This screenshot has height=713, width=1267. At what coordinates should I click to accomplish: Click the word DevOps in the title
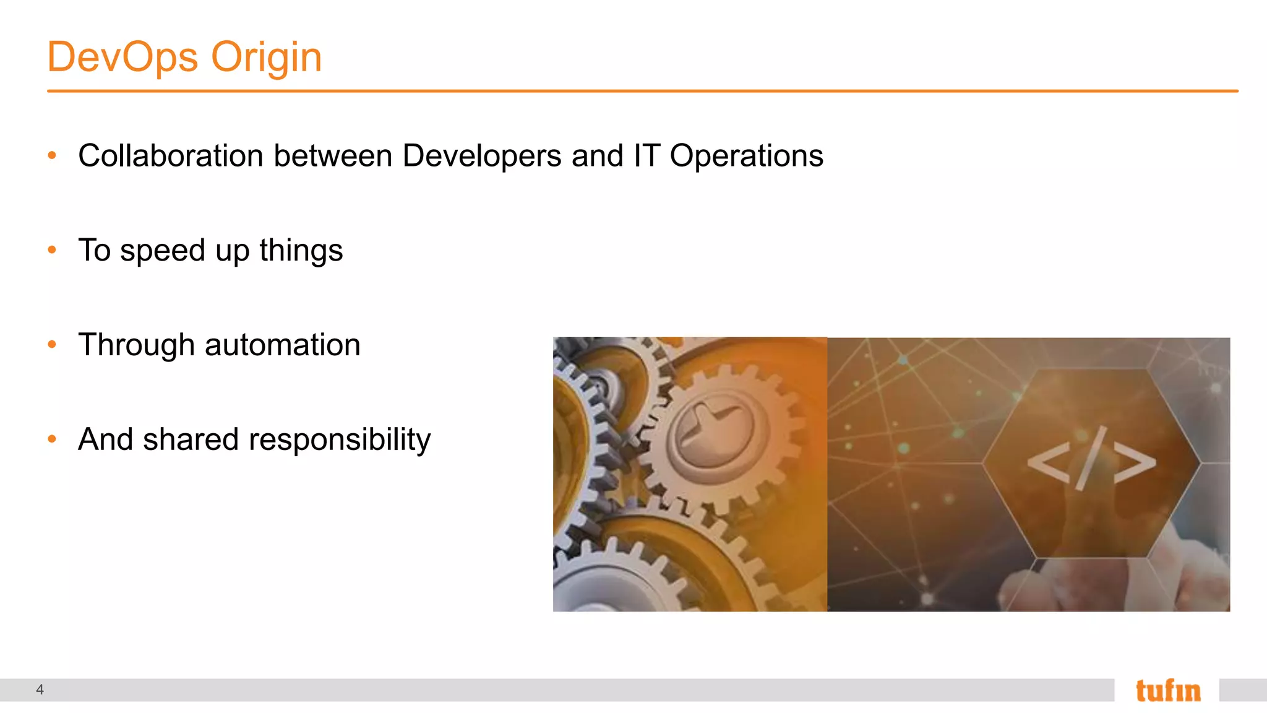122,57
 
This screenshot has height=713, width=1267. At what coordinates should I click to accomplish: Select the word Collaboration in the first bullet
171,155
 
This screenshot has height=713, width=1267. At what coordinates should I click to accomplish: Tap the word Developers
482,156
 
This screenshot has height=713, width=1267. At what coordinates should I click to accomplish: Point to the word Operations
746,156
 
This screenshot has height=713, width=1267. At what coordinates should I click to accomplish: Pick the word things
301,251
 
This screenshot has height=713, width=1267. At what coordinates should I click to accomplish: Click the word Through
136,345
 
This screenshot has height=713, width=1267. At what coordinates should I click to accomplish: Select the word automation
282,345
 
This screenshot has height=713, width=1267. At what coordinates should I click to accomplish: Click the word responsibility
340,441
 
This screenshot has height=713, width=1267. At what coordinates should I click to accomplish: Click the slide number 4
40,689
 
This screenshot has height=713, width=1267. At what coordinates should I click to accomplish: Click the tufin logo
1167,691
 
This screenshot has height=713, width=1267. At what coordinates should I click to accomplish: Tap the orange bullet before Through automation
52,345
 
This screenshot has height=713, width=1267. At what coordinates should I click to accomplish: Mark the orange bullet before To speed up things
52,250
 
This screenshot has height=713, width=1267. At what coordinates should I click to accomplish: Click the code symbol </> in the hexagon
1091,460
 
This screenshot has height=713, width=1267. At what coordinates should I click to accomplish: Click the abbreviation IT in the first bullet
646,155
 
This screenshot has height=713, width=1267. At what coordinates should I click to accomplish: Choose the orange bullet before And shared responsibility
52,439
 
